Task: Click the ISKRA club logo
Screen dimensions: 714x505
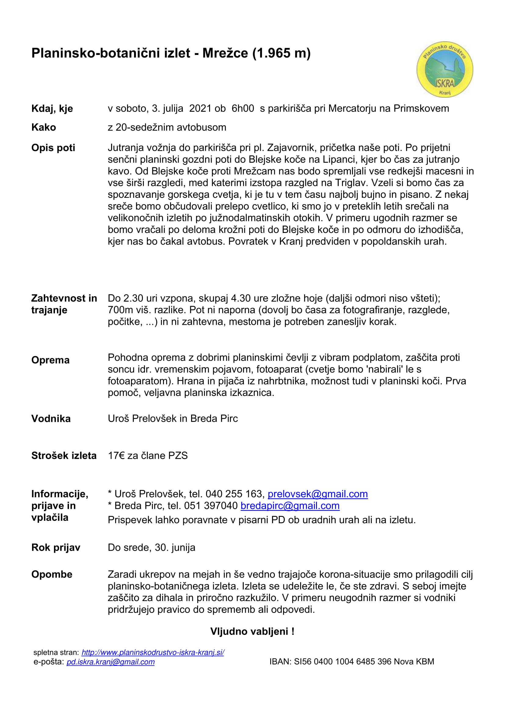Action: pos(445,69)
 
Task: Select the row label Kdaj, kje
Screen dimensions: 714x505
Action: pos(52,109)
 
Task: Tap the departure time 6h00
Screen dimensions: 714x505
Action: pos(242,109)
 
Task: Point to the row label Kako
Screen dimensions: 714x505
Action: pos(44,127)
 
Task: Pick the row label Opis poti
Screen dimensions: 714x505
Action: pos(53,148)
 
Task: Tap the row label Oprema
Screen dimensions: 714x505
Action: pos(50,360)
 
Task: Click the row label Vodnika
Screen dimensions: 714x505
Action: pos(51,419)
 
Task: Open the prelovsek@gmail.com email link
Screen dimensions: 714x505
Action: pos(318,494)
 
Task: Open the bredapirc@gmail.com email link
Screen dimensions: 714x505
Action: pos(290,506)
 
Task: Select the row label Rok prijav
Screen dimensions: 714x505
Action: pos(56,547)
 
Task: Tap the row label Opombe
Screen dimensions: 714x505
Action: pos(52,574)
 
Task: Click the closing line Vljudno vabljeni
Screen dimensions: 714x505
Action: pos(252,631)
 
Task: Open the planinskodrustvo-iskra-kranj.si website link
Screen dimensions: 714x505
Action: pos(153,652)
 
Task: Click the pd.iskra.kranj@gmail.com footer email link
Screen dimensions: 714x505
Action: pos(111,662)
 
